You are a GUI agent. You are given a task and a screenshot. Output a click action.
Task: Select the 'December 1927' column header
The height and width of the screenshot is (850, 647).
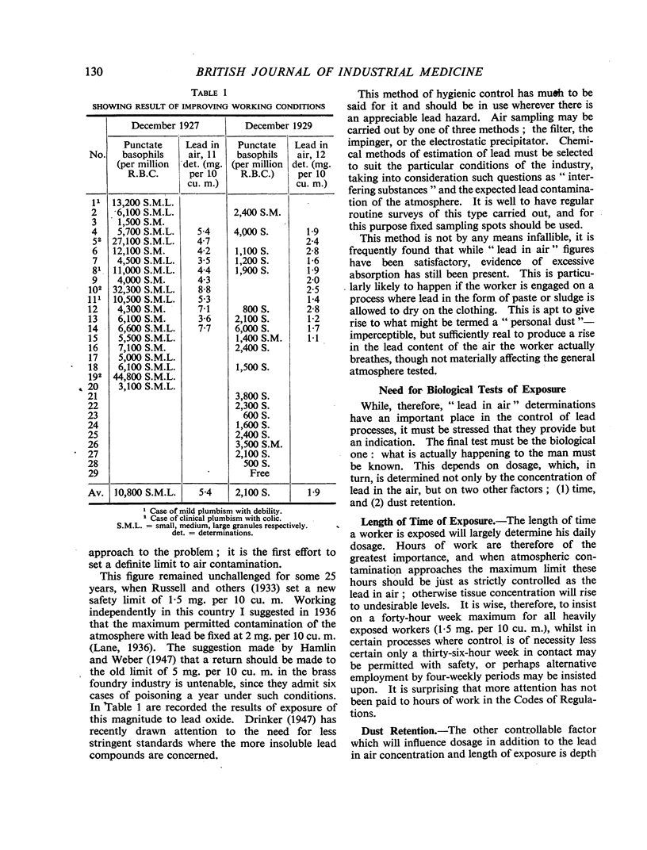(x=167, y=126)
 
